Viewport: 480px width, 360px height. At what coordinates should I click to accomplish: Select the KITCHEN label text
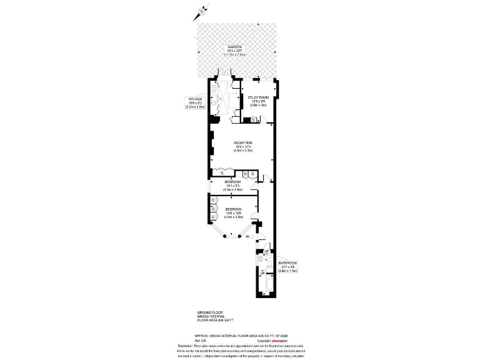[195, 99]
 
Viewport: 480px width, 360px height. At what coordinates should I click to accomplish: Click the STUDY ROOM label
[258, 97]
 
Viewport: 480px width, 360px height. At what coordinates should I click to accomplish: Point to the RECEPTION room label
[242, 142]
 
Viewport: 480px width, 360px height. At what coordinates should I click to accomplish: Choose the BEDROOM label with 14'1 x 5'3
[234, 181]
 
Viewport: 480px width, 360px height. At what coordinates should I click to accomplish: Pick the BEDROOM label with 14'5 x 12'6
[234, 208]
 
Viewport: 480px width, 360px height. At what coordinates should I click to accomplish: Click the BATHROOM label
[287, 263]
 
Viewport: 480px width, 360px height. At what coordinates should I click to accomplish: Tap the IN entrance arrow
[248, 237]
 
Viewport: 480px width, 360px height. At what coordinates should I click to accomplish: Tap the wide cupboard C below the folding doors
[222, 173]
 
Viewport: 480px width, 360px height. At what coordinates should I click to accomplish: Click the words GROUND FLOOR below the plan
[209, 311]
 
